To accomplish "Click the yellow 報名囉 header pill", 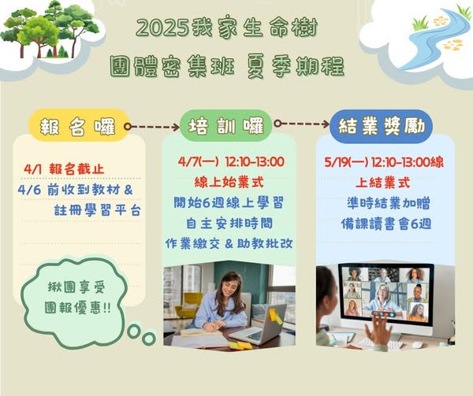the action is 79,125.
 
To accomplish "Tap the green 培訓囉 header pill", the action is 226,125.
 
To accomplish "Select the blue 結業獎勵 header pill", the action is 382,126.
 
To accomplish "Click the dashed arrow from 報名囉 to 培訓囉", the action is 152,127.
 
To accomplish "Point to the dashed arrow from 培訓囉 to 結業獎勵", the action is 302,124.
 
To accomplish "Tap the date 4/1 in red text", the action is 32,169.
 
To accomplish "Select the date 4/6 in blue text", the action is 29,190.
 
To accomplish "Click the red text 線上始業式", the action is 229,183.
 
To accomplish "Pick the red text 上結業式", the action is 383,183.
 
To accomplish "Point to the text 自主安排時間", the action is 229,224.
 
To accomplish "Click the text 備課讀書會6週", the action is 386,224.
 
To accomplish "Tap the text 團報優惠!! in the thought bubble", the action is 77,308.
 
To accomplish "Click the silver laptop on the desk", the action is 259,325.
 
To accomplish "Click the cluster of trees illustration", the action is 50,29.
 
